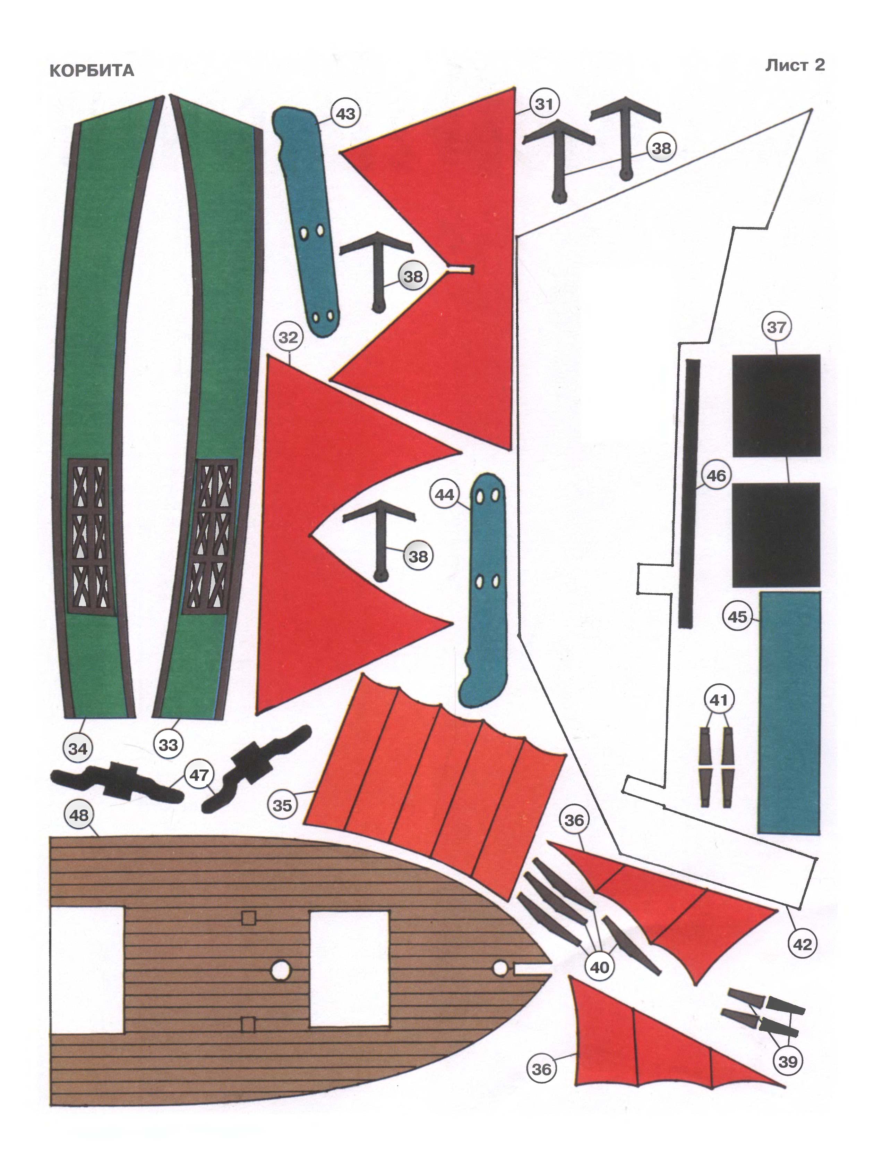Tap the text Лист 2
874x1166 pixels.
click(795, 65)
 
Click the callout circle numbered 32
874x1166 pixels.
click(288, 337)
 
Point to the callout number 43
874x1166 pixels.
click(345, 114)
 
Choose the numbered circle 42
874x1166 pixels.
click(802, 944)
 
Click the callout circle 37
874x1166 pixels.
click(776, 327)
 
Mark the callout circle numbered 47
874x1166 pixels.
click(199, 775)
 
